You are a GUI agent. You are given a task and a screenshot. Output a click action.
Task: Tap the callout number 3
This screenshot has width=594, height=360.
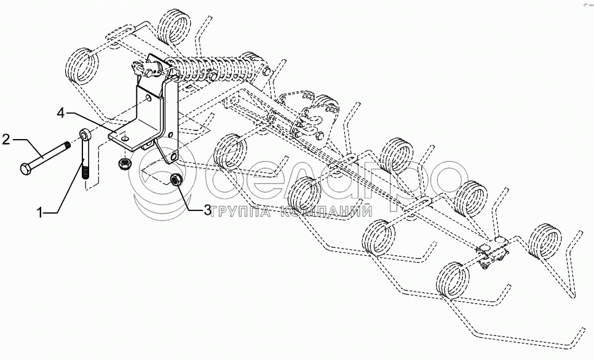(208, 210)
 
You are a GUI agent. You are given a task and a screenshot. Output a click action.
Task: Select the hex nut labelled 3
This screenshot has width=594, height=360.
(174, 180)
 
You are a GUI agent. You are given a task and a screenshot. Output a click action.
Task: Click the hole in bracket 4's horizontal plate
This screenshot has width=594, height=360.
(125, 140)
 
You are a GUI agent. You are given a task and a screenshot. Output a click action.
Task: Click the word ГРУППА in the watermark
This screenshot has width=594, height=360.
(241, 211)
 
